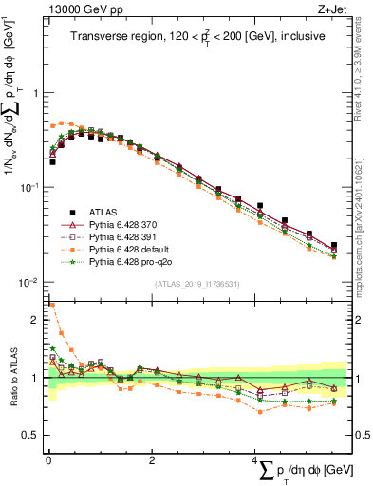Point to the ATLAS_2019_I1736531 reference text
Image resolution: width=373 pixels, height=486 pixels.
tap(196, 284)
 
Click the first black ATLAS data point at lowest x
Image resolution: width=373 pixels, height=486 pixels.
tap(52, 162)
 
